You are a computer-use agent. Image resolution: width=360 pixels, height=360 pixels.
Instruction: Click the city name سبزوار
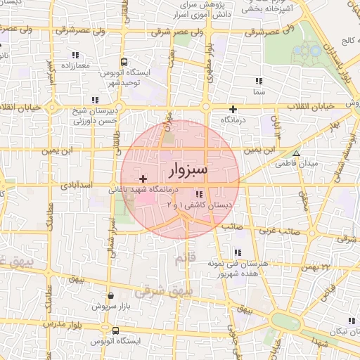[190, 170]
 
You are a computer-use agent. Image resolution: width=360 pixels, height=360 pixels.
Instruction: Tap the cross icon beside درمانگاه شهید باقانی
[144, 179]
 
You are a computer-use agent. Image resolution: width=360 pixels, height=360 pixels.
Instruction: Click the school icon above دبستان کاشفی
[200, 194]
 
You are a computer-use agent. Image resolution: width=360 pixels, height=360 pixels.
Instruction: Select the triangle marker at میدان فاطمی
[296, 153]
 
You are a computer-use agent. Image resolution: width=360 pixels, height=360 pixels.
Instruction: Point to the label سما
[259, 92]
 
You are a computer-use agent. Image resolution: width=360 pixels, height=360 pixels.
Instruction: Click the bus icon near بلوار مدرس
[115, 329]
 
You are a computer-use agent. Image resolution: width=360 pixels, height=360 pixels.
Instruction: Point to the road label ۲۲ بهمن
[314, 266]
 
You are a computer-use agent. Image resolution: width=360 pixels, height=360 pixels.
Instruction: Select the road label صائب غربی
[283, 230]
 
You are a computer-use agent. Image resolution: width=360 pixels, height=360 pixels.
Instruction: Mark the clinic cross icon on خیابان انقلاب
[233, 109]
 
